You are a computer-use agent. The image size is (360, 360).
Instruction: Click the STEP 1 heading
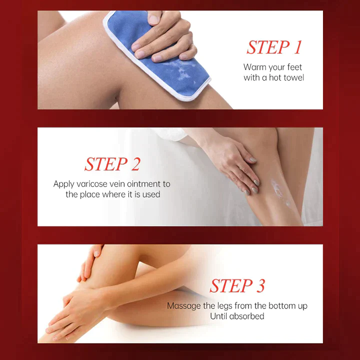tap(274, 47)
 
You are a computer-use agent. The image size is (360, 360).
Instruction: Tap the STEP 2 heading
tap(112, 164)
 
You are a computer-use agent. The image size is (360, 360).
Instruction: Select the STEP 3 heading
tap(237, 286)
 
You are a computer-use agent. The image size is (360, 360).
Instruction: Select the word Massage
tap(182, 305)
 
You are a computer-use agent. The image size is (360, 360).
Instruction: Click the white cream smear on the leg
tap(277, 192)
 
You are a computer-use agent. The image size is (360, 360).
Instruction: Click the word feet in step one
tap(293, 67)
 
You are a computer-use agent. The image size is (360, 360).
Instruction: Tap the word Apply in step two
tap(64, 184)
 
